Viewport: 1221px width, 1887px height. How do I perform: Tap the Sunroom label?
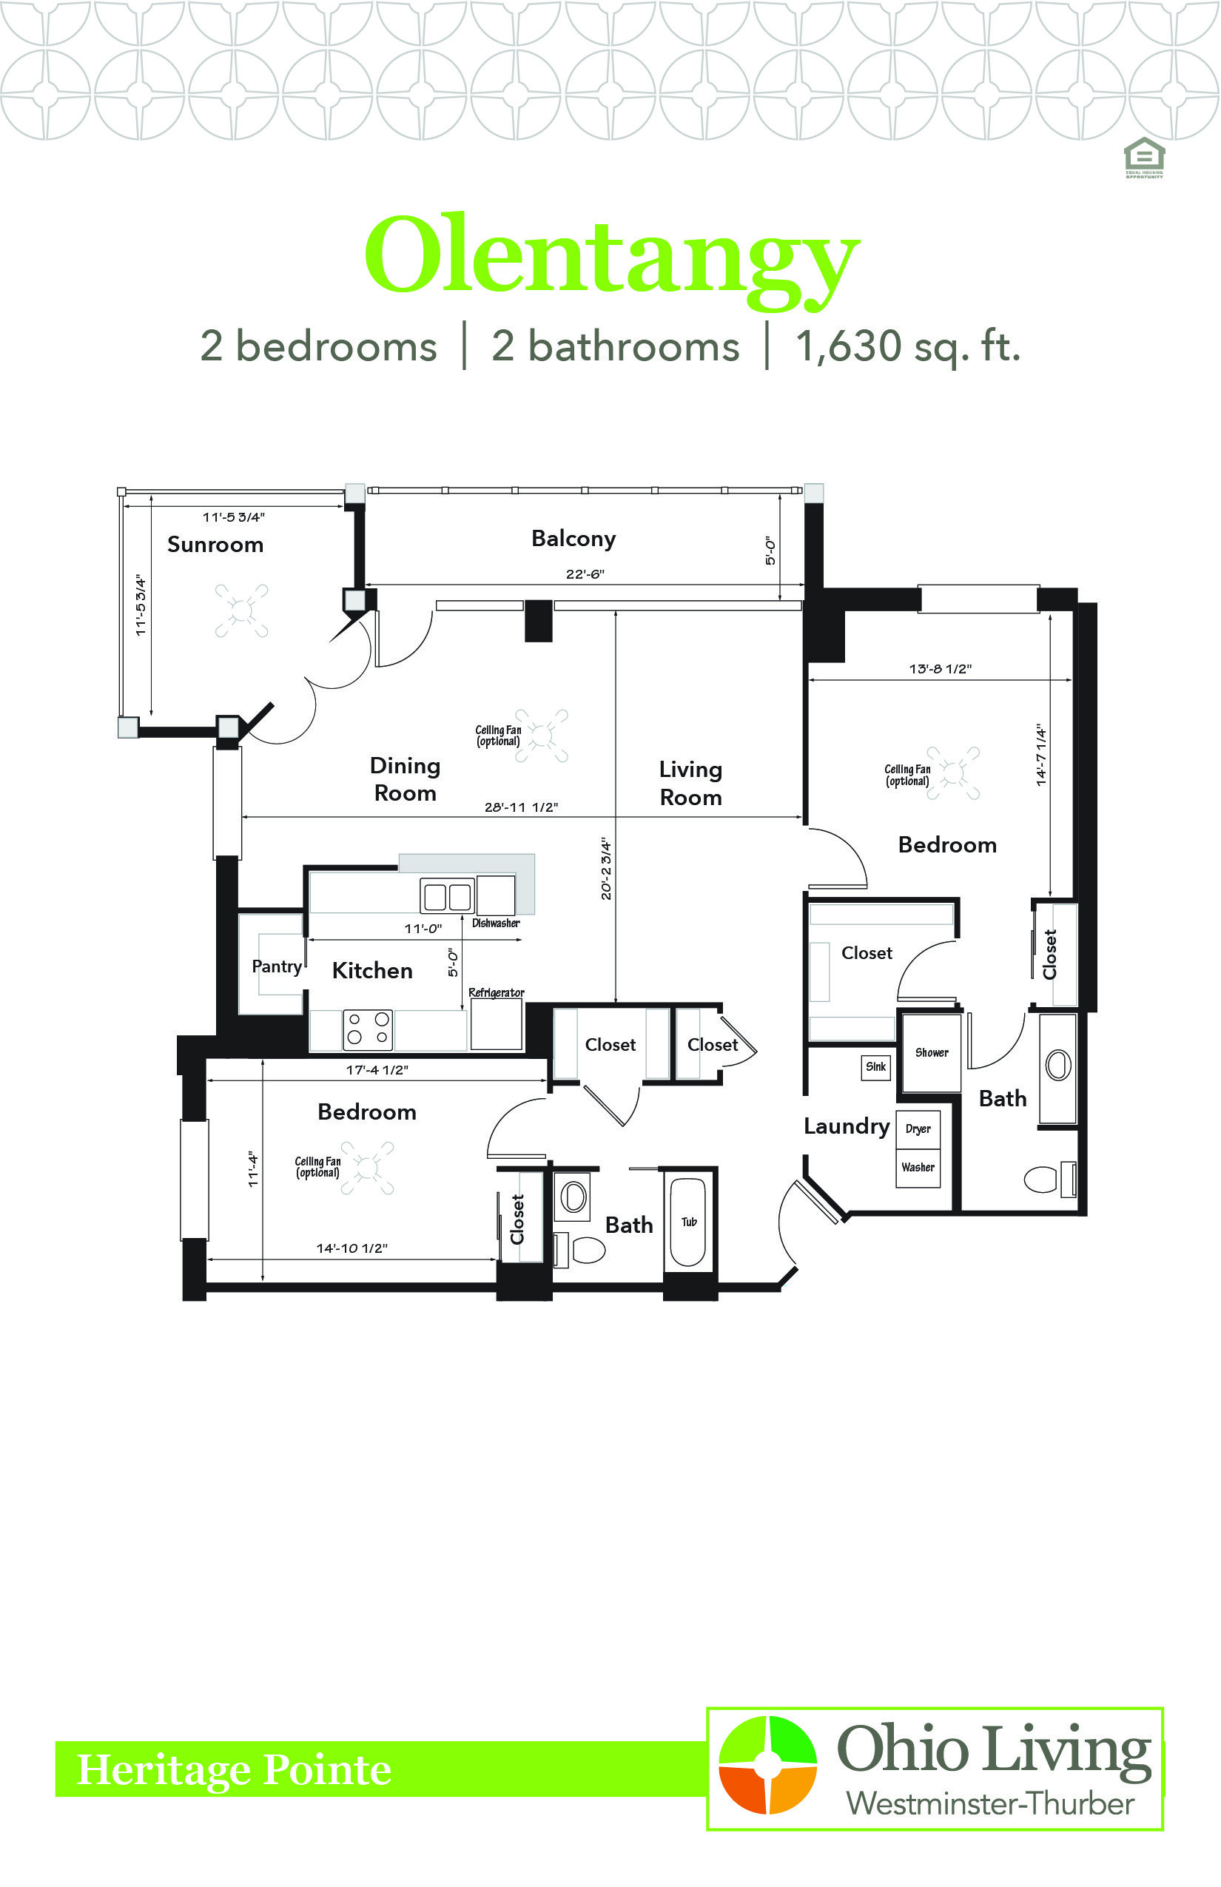pyautogui.click(x=215, y=545)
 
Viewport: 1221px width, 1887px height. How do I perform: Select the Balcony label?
pyautogui.click(x=573, y=539)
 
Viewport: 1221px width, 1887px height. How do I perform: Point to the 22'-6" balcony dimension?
pyautogui.click(x=585, y=574)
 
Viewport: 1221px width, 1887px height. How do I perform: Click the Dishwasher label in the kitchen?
pyautogui.click(x=496, y=923)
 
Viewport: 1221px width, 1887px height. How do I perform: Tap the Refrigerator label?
pyautogui.click(x=497, y=992)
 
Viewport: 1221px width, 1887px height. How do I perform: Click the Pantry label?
pyautogui.click(x=277, y=966)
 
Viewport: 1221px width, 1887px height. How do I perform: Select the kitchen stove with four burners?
pyautogui.click(x=367, y=1029)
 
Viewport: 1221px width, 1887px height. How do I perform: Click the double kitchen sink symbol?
pyautogui.click(x=447, y=897)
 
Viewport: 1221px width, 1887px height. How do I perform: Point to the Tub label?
pyautogui.click(x=689, y=1222)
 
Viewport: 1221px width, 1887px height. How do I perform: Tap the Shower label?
pyautogui.click(x=932, y=1053)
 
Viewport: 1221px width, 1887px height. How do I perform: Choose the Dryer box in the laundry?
pyautogui.click(x=918, y=1130)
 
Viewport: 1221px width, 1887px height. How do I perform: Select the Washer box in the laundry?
pyautogui.click(x=918, y=1168)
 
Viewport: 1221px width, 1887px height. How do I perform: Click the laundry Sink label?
pyautogui.click(x=876, y=1067)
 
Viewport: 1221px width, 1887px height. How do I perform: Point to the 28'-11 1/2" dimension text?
pyautogui.click(x=521, y=807)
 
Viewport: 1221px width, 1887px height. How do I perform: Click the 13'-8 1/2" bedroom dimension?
pyautogui.click(x=941, y=669)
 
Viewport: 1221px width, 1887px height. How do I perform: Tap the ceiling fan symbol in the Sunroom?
pyautogui.click(x=241, y=610)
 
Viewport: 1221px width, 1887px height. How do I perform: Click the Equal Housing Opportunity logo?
pyautogui.click(x=1144, y=158)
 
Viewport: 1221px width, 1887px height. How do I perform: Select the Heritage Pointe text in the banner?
pyautogui.click(x=234, y=1770)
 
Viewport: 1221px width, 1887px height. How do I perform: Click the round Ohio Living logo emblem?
pyautogui.click(x=767, y=1764)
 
